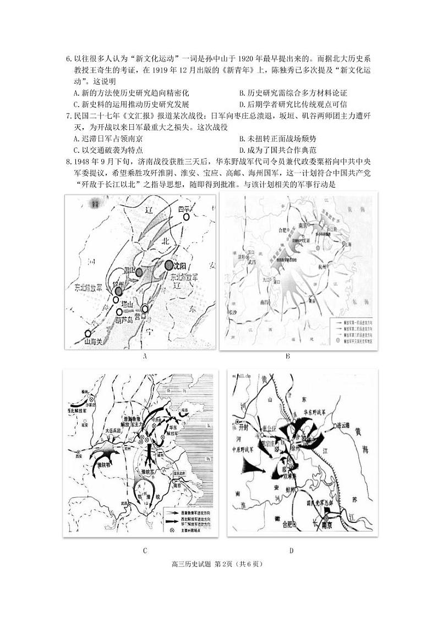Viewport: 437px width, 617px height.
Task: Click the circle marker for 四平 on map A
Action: [186, 217]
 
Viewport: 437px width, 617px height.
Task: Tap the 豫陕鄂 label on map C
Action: [105, 464]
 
